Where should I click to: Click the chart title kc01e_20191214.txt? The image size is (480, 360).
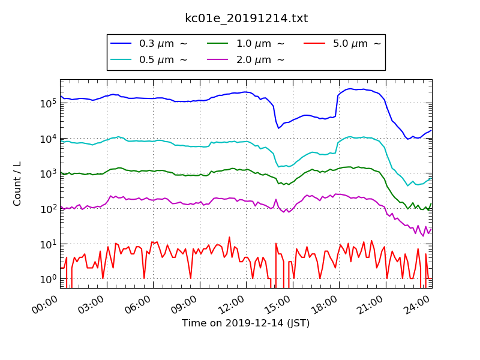[x=246, y=19]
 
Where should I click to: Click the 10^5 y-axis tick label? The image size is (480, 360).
[x=47, y=103]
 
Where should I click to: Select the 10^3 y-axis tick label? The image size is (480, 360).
[x=47, y=173]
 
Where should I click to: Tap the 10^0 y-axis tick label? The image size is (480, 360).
[x=47, y=279]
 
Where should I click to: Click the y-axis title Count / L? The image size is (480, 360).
[x=17, y=184]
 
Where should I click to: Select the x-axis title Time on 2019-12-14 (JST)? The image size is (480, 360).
[x=246, y=323]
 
